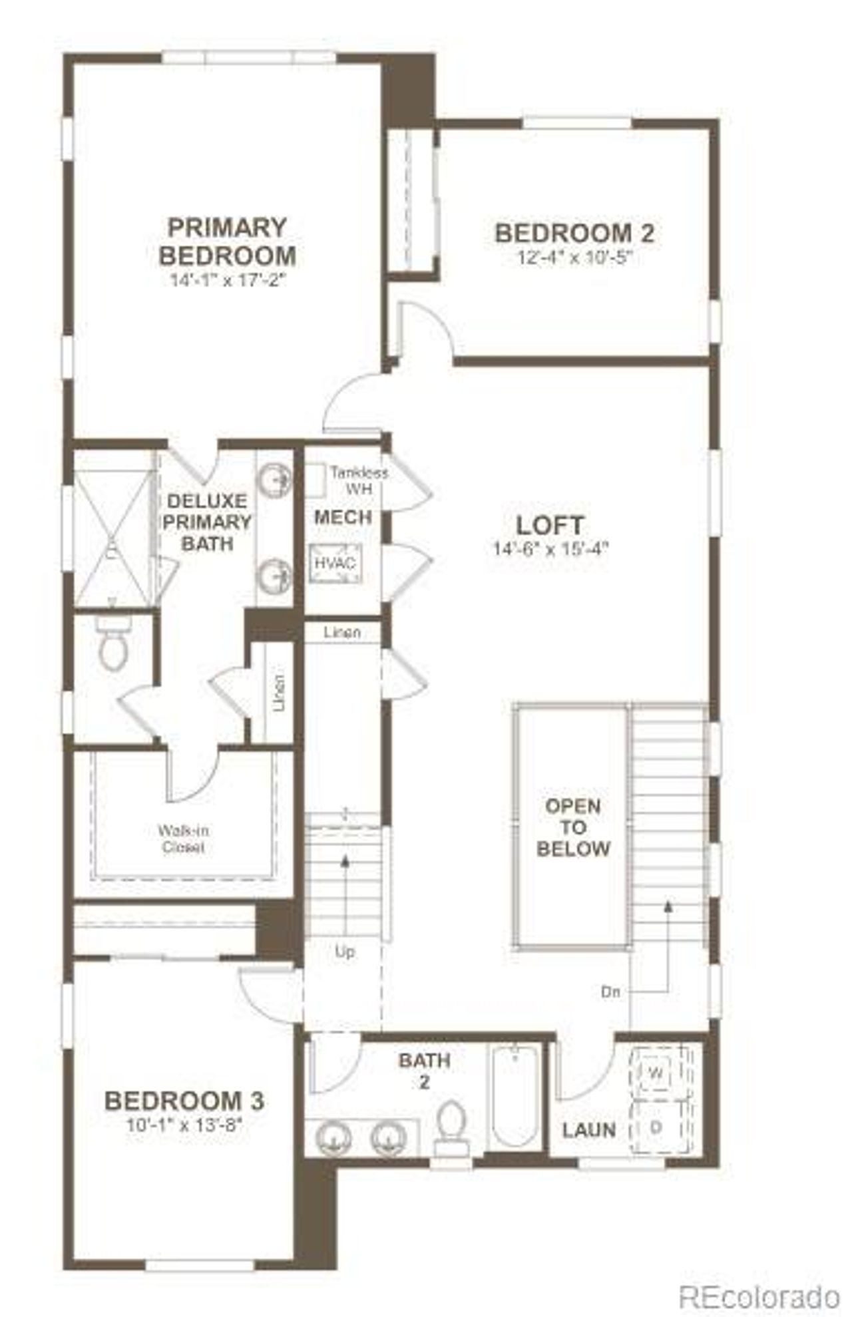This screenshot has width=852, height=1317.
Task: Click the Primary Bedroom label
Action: (x=227, y=242)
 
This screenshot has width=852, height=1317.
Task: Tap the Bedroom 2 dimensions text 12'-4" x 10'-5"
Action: (x=574, y=258)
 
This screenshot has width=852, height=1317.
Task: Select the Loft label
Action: (x=550, y=525)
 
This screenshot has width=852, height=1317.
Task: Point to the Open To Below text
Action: (x=573, y=827)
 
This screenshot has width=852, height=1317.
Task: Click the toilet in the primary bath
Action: (x=112, y=648)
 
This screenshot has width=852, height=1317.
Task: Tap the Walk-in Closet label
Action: (x=182, y=839)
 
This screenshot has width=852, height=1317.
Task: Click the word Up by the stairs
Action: (x=344, y=952)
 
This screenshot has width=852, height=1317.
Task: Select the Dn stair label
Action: (x=610, y=992)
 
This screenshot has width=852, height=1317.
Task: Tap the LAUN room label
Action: (x=588, y=1129)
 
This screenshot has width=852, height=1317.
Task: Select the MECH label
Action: (x=343, y=516)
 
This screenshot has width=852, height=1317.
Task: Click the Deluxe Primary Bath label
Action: (x=207, y=522)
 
